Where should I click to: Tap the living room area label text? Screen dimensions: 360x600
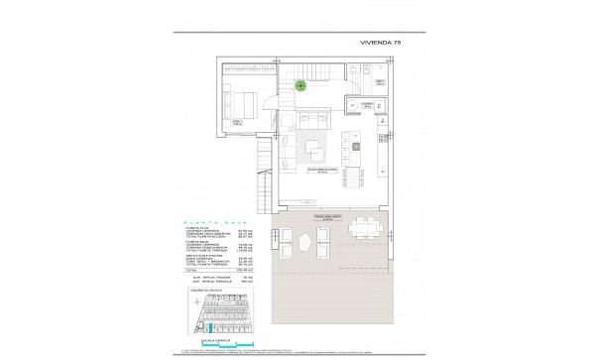(x=316, y=172)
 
